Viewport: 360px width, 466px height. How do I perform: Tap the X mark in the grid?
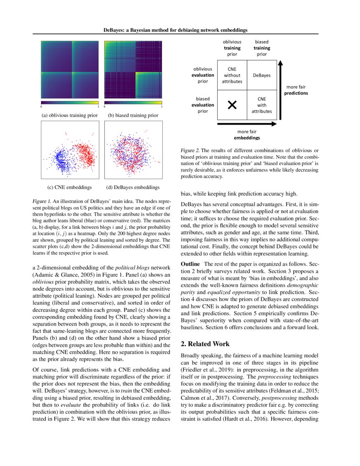pos(232,105)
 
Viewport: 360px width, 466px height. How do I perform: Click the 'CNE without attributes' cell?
pos(232,75)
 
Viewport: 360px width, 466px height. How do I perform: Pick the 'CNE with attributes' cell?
pos(262,105)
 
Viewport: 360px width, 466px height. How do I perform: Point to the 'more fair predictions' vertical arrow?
pos(280,91)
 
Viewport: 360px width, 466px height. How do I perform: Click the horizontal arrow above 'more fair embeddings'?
pos(246,124)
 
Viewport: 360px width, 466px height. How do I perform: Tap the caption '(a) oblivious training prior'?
pos(69,115)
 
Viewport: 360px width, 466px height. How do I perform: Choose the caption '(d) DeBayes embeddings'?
pos(133,187)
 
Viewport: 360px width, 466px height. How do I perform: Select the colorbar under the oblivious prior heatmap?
pos(69,103)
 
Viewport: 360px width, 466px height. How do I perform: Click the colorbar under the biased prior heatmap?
pos(133,103)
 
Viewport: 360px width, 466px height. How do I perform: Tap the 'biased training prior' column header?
pos(262,48)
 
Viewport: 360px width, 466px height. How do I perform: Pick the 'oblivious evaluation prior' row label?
pos(203,75)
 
